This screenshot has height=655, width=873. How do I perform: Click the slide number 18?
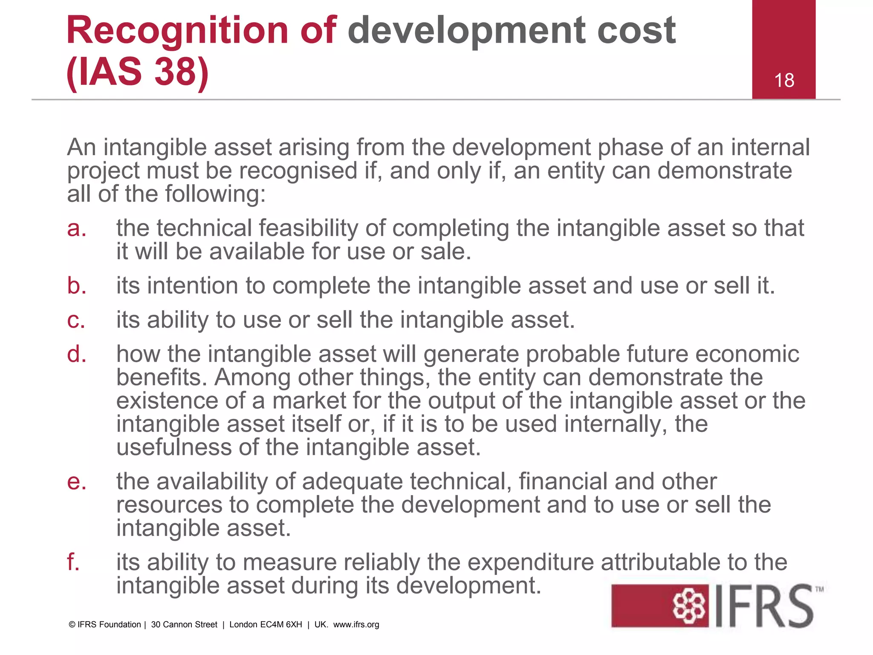(784, 81)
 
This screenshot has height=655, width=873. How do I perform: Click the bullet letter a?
(76, 229)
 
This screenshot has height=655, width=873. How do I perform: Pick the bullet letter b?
(77, 286)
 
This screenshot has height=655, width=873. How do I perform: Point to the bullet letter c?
(76, 320)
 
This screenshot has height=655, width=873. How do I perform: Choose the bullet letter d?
(77, 354)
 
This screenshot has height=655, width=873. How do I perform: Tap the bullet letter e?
(77, 482)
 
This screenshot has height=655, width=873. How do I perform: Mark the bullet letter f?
(73, 562)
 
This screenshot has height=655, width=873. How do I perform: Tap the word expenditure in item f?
(530, 563)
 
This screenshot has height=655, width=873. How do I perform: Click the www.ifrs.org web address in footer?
(356, 625)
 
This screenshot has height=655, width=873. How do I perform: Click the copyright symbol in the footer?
(72, 625)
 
